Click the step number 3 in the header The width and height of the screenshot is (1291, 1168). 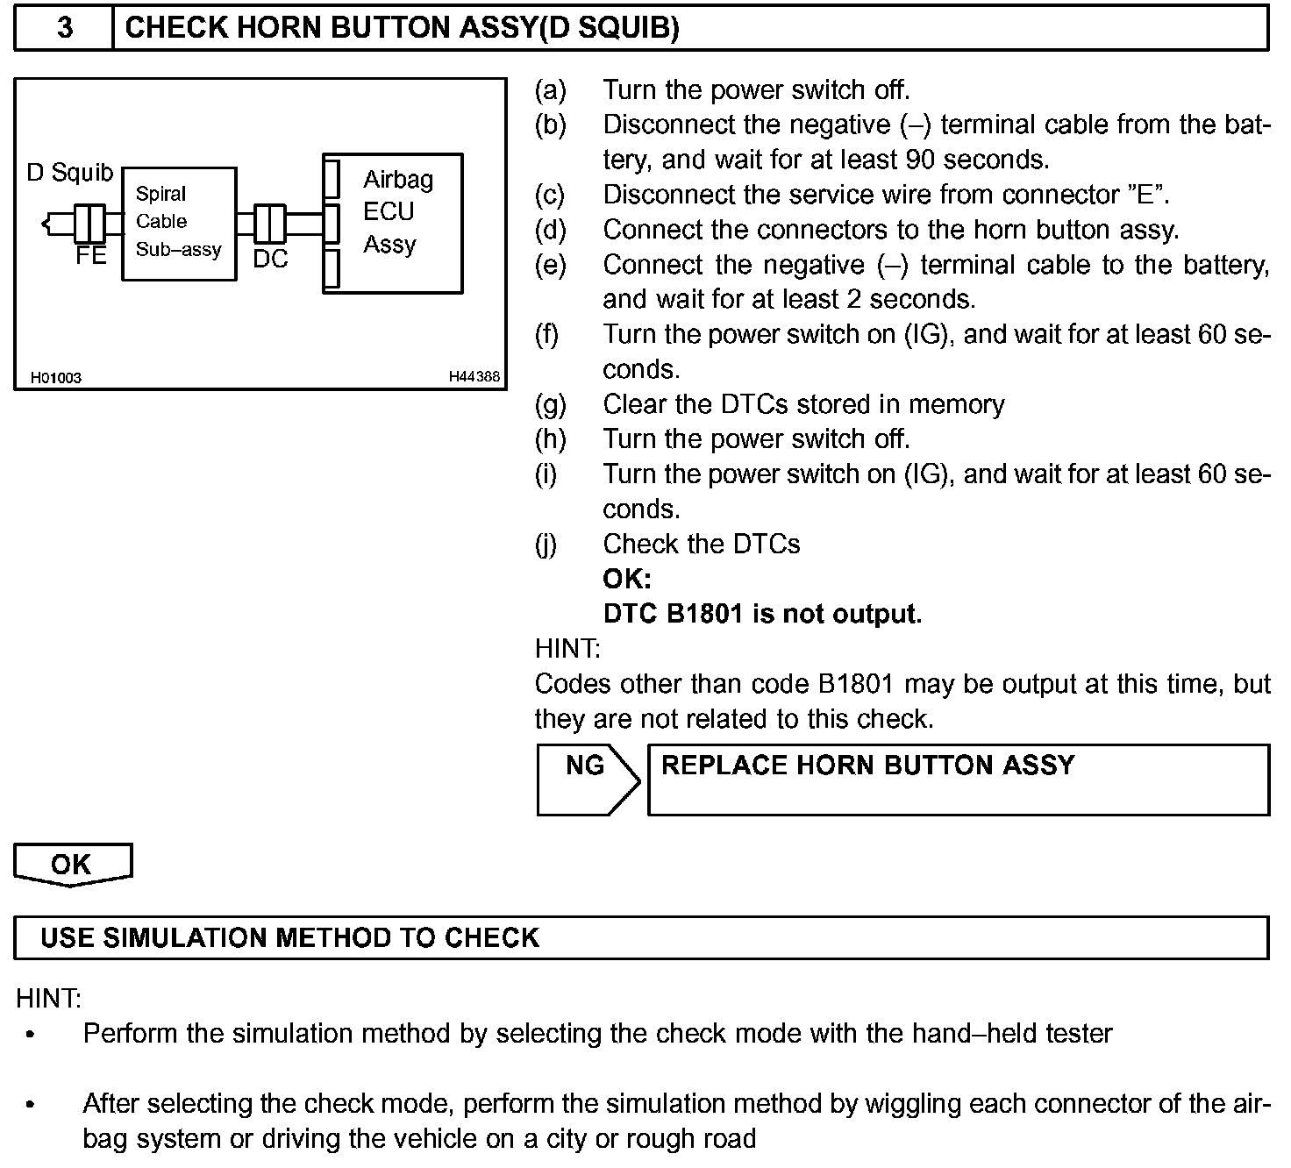(65, 28)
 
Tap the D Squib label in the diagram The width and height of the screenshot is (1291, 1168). (70, 172)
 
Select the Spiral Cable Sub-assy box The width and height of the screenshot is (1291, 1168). (179, 223)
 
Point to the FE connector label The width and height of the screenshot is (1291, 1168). (90, 255)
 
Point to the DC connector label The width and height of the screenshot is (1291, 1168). (270, 259)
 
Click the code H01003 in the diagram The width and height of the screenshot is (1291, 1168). (56, 378)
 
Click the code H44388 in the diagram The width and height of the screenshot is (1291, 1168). (474, 377)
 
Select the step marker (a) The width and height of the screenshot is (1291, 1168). (550, 89)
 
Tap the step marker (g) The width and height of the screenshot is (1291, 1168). (550, 404)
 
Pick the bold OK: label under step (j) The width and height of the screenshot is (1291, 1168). (627, 579)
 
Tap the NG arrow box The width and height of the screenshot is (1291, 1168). (586, 779)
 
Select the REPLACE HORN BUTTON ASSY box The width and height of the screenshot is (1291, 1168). (958, 779)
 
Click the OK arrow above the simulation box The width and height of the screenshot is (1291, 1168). (72, 865)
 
